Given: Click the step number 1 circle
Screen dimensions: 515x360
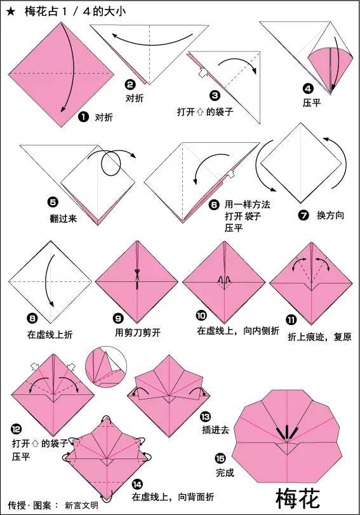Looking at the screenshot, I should click(x=83, y=117).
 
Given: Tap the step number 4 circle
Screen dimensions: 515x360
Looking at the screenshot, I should click(x=308, y=88).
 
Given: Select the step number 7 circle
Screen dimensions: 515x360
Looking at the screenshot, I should click(x=303, y=215).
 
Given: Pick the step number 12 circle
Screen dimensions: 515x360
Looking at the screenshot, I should click(x=16, y=428).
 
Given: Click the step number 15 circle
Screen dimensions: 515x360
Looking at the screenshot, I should click(x=220, y=457).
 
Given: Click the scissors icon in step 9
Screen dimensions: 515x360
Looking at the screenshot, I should click(x=137, y=274).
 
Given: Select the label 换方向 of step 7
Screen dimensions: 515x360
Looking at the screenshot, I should click(x=330, y=216).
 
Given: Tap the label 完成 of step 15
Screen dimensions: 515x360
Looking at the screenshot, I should click(x=225, y=472).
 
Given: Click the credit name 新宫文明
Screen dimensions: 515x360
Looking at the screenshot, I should click(x=81, y=505).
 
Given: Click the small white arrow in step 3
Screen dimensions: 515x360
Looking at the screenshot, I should click(x=201, y=74).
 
